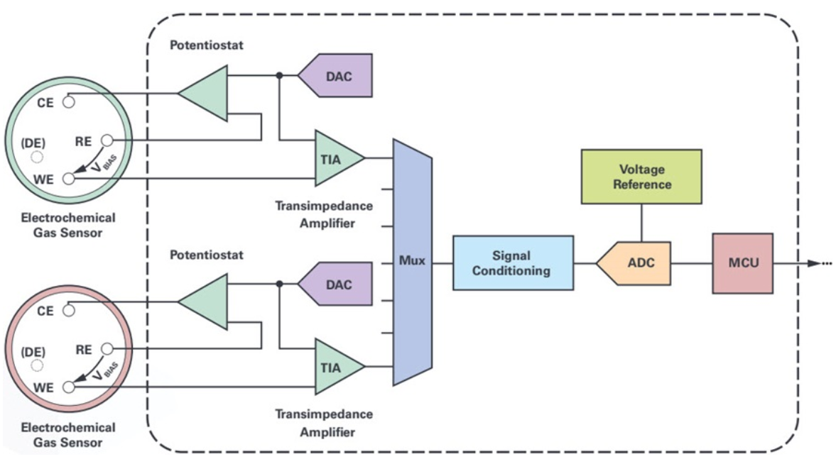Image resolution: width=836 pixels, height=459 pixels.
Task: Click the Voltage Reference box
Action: tap(641, 177)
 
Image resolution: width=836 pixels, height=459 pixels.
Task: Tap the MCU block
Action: tap(742, 263)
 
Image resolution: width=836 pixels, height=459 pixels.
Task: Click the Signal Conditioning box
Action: tap(513, 263)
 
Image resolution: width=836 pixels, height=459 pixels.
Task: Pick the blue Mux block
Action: tap(413, 262)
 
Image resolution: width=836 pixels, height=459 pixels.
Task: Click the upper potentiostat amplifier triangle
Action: tap(206, 92)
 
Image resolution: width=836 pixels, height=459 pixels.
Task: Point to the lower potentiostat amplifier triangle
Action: tap(206, 302)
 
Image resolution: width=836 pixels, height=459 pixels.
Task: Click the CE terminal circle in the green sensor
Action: tap(68, 101)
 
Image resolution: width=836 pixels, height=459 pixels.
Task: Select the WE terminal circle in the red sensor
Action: tap(68, 387)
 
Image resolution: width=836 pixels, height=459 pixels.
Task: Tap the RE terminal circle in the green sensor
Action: tap(107, 140)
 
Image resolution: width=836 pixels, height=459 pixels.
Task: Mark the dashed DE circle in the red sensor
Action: tap(37, 365)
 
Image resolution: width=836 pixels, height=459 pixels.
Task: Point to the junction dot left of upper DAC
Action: tap(280, 75)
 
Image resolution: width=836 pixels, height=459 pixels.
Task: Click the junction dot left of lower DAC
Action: tap(280, 284)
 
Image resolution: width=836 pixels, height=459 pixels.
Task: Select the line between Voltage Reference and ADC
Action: tap(641, 223)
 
